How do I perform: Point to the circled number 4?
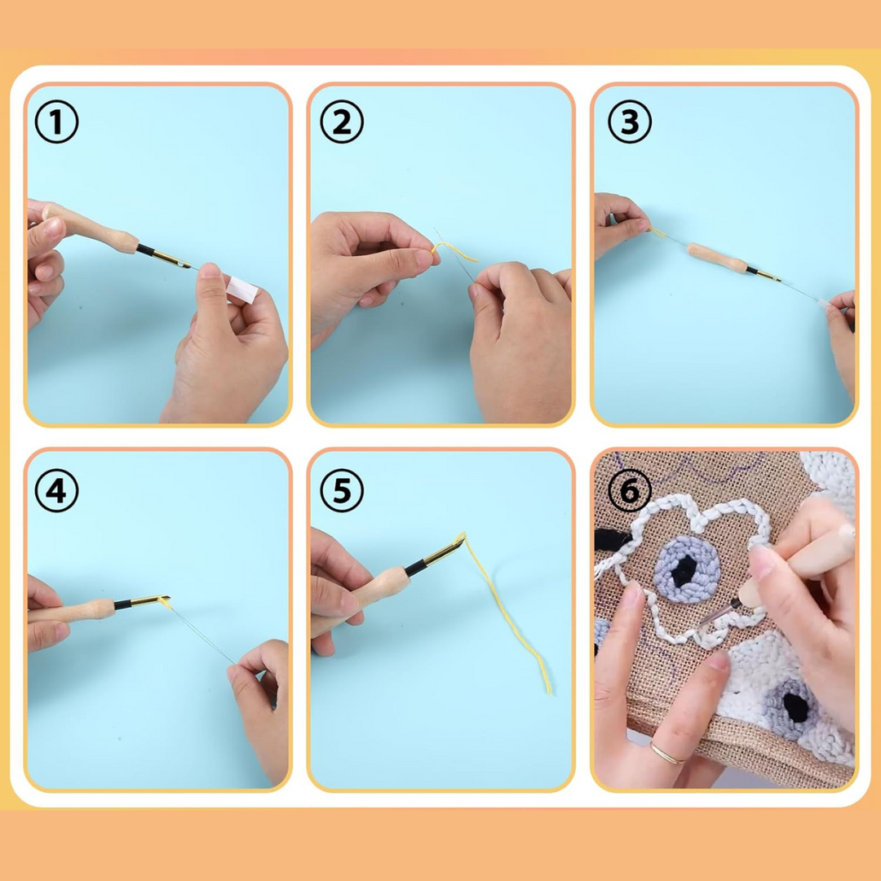(56, 492)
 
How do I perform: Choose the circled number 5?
(341, 492)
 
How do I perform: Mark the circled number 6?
(629, 492)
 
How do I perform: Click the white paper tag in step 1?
(242, 289)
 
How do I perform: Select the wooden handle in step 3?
(716, 257)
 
